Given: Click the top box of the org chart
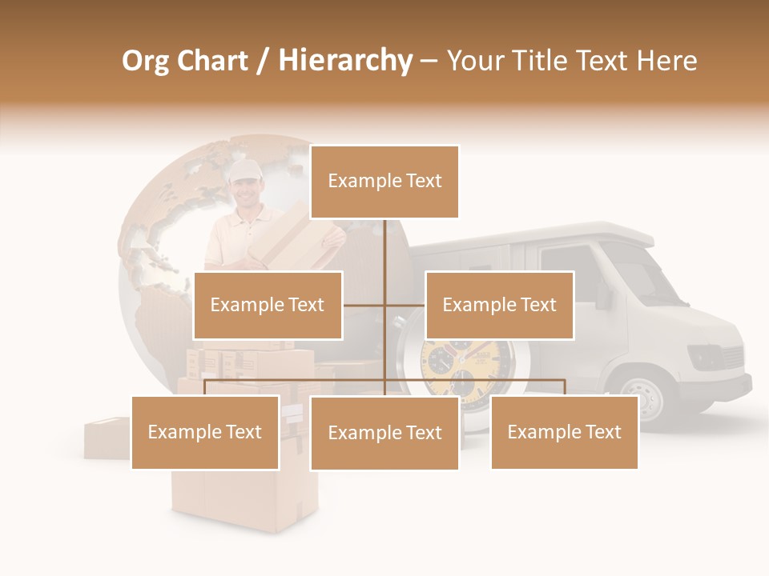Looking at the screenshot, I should point(384,182).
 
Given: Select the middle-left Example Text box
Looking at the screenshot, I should point(268,305).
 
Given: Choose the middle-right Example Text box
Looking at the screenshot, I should point(499,305).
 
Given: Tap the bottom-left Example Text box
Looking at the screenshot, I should point(205,432).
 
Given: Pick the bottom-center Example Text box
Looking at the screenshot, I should point(384,433).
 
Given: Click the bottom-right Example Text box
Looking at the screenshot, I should point(564,432).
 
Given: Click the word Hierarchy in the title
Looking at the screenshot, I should point(345,60).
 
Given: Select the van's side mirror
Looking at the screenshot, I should point(603,295).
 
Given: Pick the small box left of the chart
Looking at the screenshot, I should point(106,438).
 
